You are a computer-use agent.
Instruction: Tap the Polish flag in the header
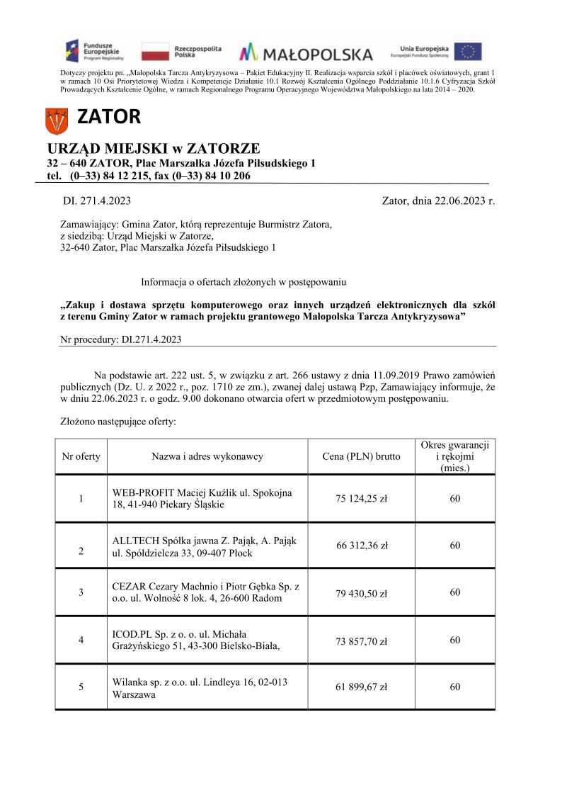(x=154, y=52)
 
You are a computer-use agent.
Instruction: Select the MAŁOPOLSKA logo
(x=306, y=53)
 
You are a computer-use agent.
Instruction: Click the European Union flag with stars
(x=468, y=52)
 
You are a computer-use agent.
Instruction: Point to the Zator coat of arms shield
(x=56, y=120)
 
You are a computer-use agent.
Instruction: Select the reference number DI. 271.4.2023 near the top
(x=97, y=201)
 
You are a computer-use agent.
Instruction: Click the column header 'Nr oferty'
(x=81, y=456)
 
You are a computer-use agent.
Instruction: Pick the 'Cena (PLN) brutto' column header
(x=361, y=456)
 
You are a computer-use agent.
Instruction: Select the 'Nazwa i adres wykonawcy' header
(x=207, y=456)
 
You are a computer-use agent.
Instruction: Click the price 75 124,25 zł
(x=361, y=498)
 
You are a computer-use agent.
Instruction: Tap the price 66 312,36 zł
(x=361, y=545)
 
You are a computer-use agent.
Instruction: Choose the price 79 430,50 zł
(x=361, y=593)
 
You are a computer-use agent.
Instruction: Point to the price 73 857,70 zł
(x=361, y=641)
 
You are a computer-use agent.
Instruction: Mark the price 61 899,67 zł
(x=361, y=687)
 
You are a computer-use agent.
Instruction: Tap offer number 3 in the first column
(x=81, y=592)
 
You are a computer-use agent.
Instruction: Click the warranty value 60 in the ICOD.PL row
(x=454, y=640)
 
